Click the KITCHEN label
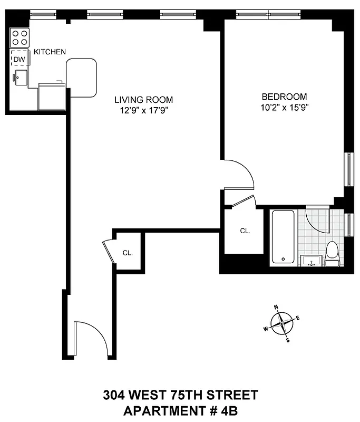click(x=50, y=52)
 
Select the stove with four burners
click(x=20, y=38)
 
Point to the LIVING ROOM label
click(x=144, y=99)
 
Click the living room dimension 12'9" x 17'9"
click(x=144, y=110)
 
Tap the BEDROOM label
click(x=285, y=97)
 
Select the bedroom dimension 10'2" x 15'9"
click(x=285, y=108)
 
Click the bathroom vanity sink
click(x=311, y=260)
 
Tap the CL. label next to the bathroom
click(x=245, y=231)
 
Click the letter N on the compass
click(x=276, y=306)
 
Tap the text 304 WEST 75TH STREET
click(x=180, y=394)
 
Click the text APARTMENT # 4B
click(x=180, y=409)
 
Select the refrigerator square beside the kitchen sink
click(x=51, y=96)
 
